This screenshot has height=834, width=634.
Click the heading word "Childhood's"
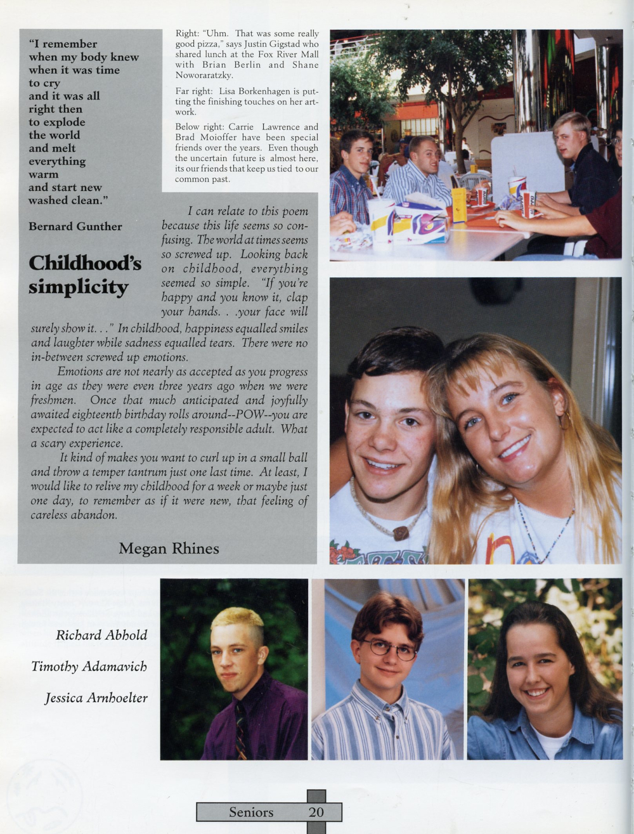[x=84, y=263]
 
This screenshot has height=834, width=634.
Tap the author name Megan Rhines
[x=169, y=549]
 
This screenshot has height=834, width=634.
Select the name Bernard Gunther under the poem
[x=75, y=226]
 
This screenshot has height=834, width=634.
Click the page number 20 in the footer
[x=316, y=812]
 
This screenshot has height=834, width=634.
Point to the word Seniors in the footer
[x=251, y=812]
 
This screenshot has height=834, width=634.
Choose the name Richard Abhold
[x=101, y=635]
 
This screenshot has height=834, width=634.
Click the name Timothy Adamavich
[x=89, y=667]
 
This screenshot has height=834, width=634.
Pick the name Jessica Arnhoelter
[x=96, y=698]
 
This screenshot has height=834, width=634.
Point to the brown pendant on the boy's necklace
[x=400, y=533]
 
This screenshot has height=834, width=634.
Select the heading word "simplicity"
[x=78, y=287]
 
